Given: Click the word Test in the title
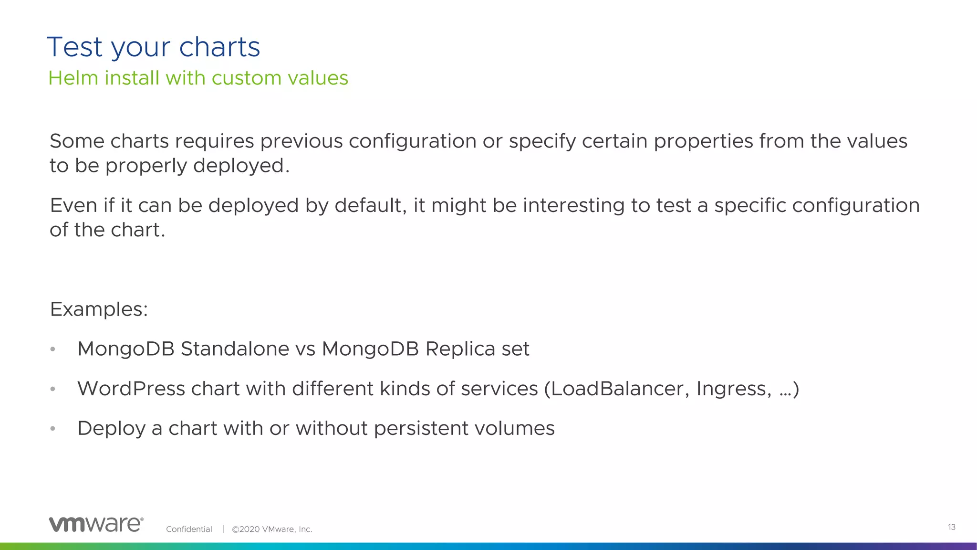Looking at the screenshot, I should pyautogui.click(x=75, y=47).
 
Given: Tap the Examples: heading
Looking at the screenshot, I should pyautogui.click(x=99, y=309).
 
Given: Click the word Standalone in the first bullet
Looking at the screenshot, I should pyautogui.click(x=235, y=349).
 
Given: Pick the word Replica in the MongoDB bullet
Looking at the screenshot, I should pyautogui.click(x=460, y=349).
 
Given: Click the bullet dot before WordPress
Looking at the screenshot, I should pyautogui.click(x=53, y=389).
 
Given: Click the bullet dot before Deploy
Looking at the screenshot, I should pyautogui.click(x=53, y=429).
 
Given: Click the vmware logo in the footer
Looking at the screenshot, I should pyautogui.click(x=96, y=524).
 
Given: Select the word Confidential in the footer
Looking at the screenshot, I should pyautogui.click(x=189, y=529).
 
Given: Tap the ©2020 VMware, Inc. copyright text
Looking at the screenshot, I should pyautogui.click(x=272, y=529).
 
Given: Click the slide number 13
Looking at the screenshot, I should pyautogui.click(x=951, y=527).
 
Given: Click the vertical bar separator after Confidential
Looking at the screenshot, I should pyautogui.click(x=223, y=529).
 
